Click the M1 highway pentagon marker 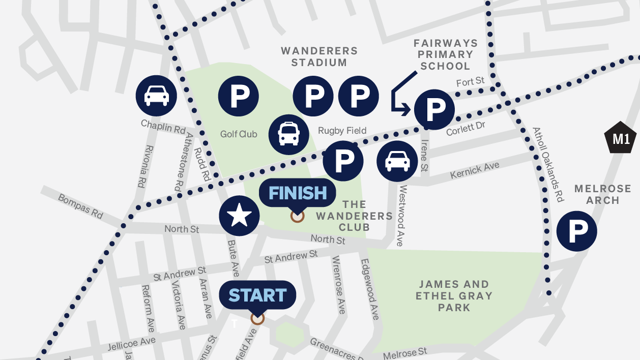click(x=621, y=139)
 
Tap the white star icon click(x=239, y=216)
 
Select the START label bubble click(x=257, y=295)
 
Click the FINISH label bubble click(x=298, y=194)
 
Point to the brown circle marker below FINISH click(x=297, y=216)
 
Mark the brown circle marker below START click(x=257, y=318)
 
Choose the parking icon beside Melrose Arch click(x=576, y=231)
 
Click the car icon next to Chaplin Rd click(x=156, y=96)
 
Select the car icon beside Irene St click(x=397, y=161)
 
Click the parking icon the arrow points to click(x=434, y=109)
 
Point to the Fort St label click(x=470, y=82)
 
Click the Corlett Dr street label click(x=466, y=128)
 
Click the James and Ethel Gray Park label click(x=454, y=295)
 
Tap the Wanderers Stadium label click(x=319, y=56)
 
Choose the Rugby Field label click(x=342, y=131)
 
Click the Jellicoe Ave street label click(x=131, y=344)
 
